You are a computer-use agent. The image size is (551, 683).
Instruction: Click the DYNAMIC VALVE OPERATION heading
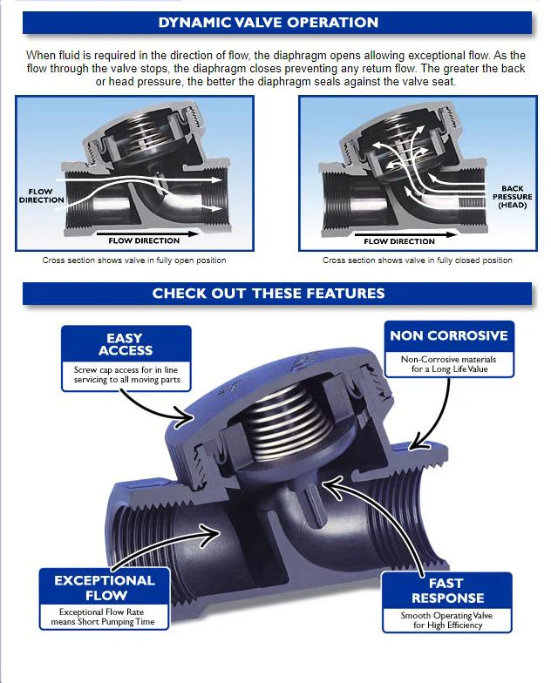[269, 23]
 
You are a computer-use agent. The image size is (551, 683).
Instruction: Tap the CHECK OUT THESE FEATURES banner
[269, 293]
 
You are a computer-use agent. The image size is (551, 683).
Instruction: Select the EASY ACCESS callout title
[126, 344]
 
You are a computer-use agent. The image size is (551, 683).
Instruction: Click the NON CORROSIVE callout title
[449, 335]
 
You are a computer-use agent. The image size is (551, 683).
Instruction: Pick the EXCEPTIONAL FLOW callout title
[105, 587]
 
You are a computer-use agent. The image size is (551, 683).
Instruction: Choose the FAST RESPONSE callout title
[448, 591]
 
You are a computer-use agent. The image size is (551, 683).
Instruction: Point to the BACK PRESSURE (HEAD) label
[513, 197]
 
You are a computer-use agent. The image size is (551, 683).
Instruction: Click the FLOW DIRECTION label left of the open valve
[42, 196]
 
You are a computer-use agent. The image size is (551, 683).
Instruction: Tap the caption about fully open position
[134, 260]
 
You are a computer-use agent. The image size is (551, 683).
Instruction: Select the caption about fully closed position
[417, 260]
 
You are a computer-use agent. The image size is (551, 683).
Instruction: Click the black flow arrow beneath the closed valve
[411, 235]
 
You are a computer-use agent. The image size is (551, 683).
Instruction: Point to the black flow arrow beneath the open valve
[148, 234]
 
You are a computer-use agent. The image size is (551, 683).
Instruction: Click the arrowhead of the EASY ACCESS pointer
[187, 418]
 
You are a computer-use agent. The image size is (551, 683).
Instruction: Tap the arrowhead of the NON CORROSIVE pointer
[417, 443]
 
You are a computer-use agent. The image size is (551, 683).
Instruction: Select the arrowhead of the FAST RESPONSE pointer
[330, 487]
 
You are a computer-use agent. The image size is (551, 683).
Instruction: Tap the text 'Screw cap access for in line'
[126, 369]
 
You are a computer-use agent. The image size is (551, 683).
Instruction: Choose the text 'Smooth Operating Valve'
[446, 615]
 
